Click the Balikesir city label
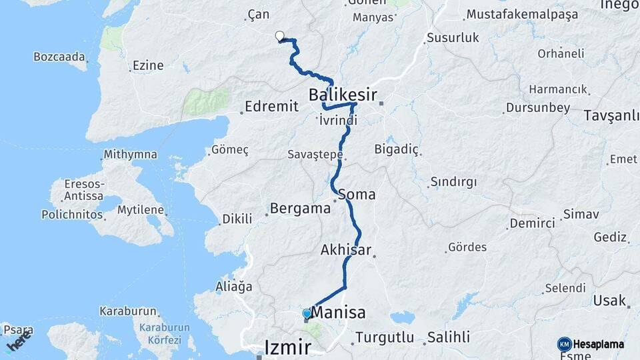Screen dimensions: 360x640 343,95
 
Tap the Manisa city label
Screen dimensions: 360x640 339,312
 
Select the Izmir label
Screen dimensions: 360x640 287,347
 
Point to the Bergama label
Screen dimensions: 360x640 300,209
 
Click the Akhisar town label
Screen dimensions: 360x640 345,250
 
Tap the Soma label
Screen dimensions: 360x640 357,195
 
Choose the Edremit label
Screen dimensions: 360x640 271,107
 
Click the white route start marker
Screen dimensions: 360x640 279,37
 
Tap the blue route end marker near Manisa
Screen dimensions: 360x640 307,313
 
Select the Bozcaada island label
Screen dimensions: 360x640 59,57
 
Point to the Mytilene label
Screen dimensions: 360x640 141,210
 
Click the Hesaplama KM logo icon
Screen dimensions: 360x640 565,344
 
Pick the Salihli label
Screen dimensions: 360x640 449,337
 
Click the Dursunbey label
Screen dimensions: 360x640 538,107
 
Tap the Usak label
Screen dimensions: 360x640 609,301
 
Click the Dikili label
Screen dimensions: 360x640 237,219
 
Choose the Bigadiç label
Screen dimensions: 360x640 397,149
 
